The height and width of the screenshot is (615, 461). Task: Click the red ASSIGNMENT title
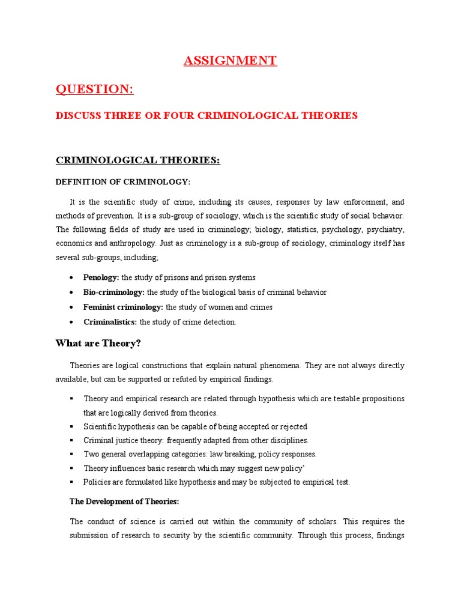click(x=230, y=61)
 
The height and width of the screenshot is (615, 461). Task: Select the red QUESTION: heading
click(x=94, y=89)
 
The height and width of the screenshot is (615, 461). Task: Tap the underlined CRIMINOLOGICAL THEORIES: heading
click(x=138, y=160)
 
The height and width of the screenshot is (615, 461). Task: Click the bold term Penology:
click(x=101, y=277)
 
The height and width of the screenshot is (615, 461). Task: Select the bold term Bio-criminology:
click(x=114, y=292)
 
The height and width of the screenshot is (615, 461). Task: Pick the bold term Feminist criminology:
click(x=124, y=307)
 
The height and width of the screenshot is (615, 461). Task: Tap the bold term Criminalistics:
click(x=110, y=322)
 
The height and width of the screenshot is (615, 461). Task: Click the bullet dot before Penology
click(x=72, y=278)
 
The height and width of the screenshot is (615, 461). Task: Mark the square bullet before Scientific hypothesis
click(x=72, y=427)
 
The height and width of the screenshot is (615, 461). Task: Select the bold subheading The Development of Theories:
click(x=124, y=501)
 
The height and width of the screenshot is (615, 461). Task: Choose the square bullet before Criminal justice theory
click(x=72, y=441)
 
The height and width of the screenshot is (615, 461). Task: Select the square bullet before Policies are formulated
click(x=72, y=482)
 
